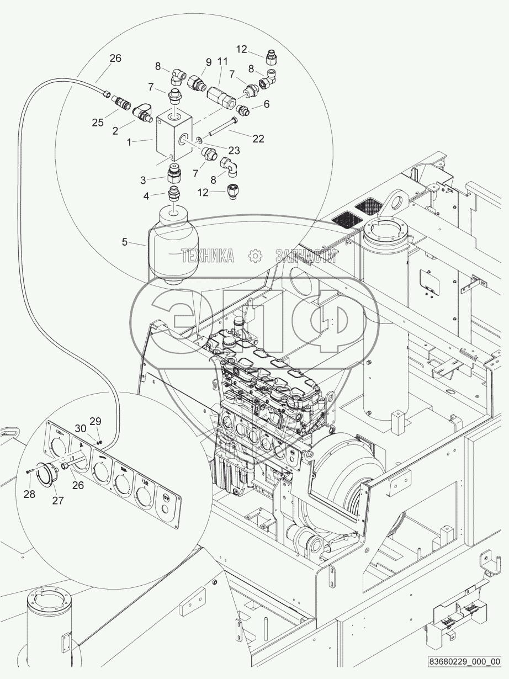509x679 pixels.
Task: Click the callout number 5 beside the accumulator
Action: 125,242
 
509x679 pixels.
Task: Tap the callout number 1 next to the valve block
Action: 129,142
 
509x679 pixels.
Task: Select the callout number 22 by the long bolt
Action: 258,139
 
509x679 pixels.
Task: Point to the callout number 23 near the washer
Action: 234,150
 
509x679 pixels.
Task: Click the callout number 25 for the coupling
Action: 98,123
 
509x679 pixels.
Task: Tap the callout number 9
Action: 209,62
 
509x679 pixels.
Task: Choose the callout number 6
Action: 267,104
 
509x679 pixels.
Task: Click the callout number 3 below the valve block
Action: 143,180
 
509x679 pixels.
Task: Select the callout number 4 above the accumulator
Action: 146,196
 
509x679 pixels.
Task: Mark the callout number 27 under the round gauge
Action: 58,500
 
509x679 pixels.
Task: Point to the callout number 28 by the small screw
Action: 30,494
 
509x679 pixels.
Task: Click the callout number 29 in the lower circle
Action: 96,421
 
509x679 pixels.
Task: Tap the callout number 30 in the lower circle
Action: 81,428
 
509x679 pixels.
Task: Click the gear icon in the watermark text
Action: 256,256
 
